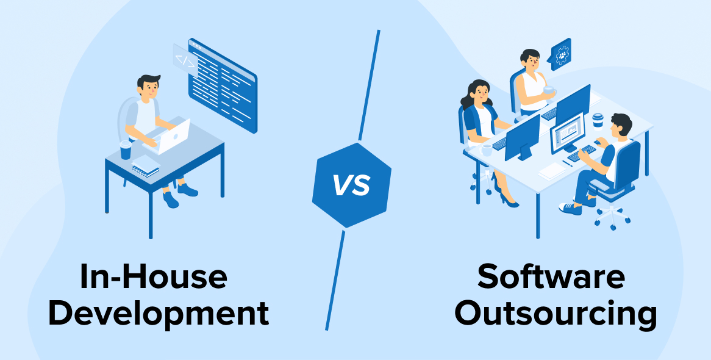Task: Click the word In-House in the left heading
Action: click(153, 276)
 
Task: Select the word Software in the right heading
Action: click(551, 276)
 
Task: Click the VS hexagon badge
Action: click(351, 185)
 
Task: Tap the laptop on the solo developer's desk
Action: click(167, 136)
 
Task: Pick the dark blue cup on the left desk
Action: click(126, 150)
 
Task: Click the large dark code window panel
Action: click(223, 85)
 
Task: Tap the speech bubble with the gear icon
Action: click(560, 54)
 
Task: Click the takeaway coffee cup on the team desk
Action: click(598, 121)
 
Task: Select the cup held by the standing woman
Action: click(549, 90)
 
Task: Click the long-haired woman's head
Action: click(479, 93)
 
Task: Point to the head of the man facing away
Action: click(621, 125)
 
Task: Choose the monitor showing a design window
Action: click(568, 133)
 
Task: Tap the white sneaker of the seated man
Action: click(570, 209)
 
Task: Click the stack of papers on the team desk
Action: click(552, 171)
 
